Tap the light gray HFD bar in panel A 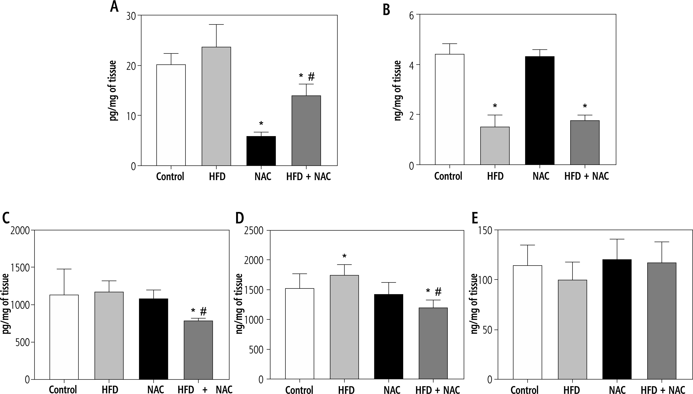click(216, 106)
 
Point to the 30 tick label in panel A click(131, 16)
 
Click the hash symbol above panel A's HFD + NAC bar click(311, 77)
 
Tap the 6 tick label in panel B click(412, 15)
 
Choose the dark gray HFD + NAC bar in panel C click(198, 350)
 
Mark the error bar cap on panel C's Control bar click(64, 269)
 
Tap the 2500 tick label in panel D click(253, 231)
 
